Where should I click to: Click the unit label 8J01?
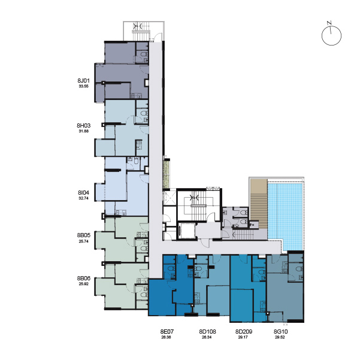84,81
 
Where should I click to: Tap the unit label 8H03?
84,126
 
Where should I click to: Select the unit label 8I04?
84,193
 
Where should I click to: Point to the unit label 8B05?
84,235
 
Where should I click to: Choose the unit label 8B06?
84,279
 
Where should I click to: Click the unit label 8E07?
167,332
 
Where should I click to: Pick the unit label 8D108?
207,332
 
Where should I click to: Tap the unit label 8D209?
244,332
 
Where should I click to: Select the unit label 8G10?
280,332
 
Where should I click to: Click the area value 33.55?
84,86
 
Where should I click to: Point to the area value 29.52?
280,337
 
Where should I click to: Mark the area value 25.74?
84,241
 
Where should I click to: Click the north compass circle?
331,35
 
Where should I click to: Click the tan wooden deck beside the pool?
259,204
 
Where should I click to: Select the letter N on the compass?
329,23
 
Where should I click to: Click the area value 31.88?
84,131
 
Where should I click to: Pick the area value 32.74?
84,198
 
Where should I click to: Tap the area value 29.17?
243,337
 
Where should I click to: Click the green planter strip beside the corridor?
167,174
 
